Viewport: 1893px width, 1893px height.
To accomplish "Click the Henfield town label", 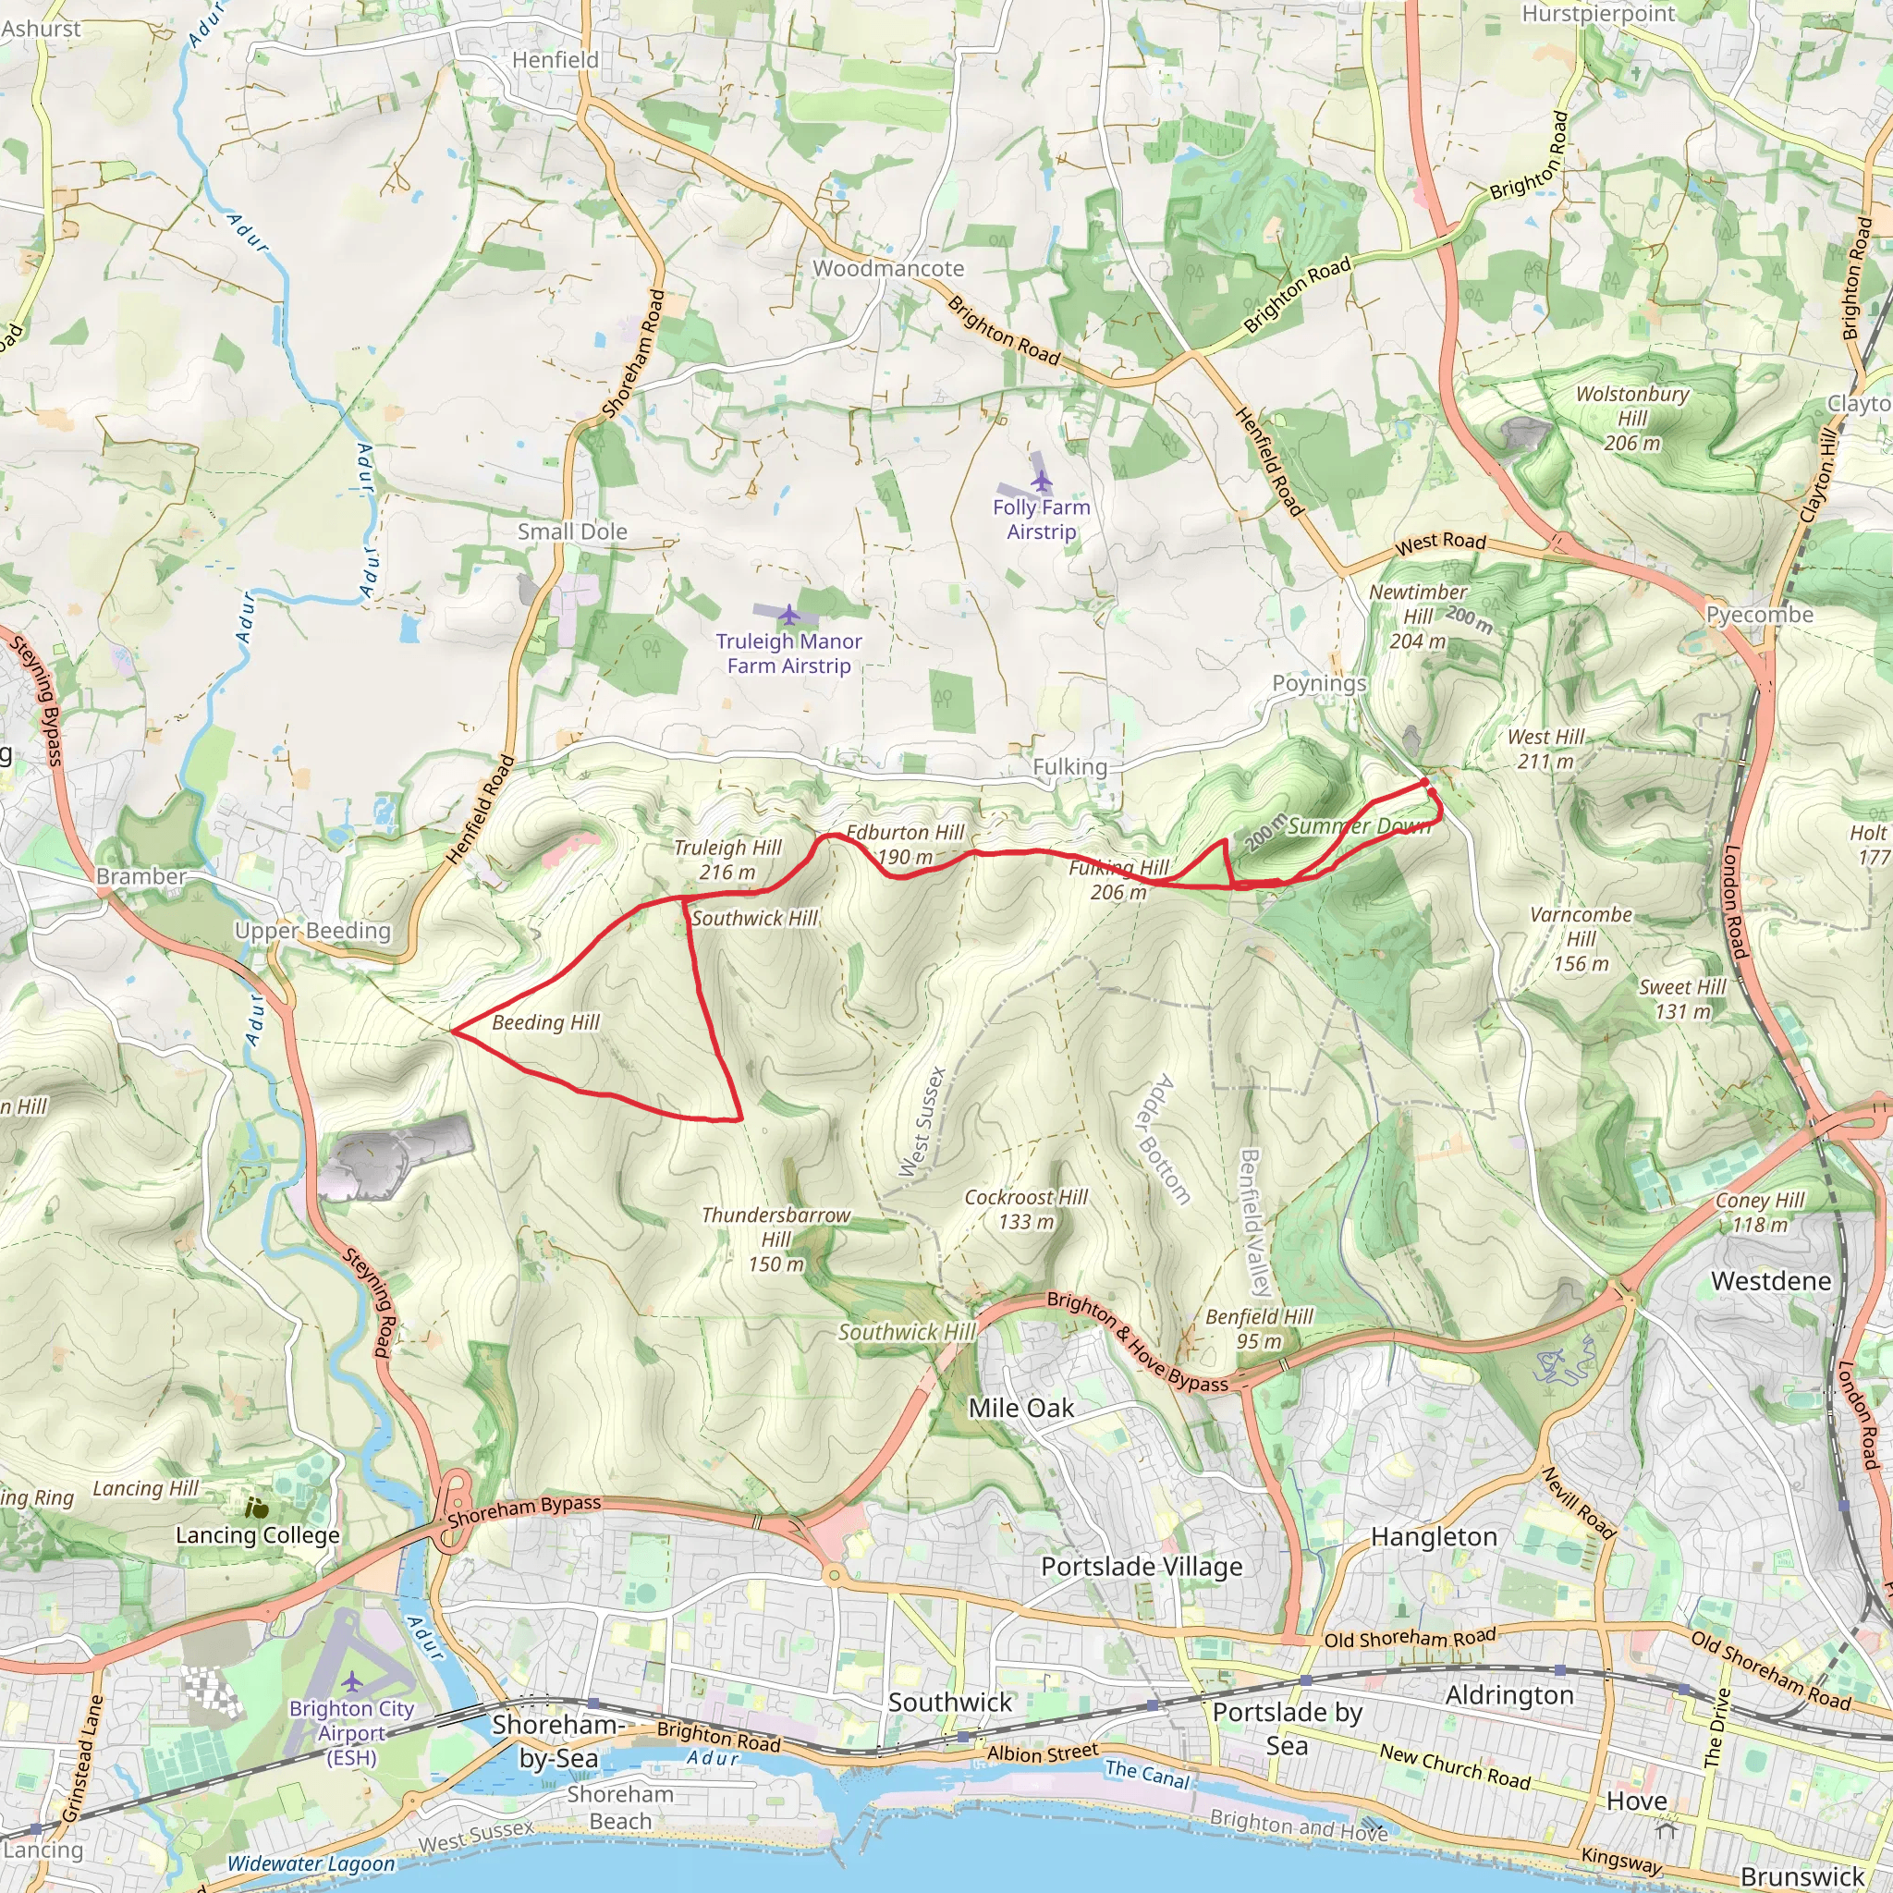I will point(555,60).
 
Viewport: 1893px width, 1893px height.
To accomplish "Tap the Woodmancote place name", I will point(887,268).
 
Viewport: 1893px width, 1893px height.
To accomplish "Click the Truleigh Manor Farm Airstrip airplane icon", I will point(788,615).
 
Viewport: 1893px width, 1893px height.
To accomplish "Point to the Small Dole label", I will point(572,532).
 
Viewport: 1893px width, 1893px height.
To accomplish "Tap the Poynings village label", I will point(1318,683).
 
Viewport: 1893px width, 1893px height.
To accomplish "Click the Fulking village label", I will point(1070,767).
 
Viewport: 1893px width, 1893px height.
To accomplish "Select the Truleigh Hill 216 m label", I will point(727,860).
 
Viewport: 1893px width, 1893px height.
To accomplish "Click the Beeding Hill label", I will point(545,1023).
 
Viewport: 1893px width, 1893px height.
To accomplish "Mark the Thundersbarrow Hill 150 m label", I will point(776,1240).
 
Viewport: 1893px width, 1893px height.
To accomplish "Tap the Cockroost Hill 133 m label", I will point(1026,1209).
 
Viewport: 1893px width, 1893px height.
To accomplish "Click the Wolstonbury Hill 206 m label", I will point(1631,419).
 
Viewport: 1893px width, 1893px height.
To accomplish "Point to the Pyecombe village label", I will point(1760,615).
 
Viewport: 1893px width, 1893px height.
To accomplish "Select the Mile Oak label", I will point(1021,1408).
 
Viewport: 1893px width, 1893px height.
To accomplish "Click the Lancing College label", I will point(258,1535).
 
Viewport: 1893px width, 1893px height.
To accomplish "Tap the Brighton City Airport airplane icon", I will point(352,1682).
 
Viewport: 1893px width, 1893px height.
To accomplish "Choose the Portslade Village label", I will point(1142,1567).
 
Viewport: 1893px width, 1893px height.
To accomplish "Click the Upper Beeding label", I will point(312,931).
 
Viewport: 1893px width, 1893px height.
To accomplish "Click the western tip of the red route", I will point(453,1030).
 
